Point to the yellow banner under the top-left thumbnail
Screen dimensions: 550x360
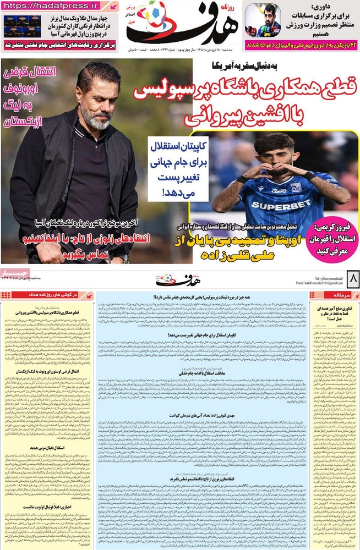(x=59, y=46)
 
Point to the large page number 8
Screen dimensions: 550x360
(x=352, y=279)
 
